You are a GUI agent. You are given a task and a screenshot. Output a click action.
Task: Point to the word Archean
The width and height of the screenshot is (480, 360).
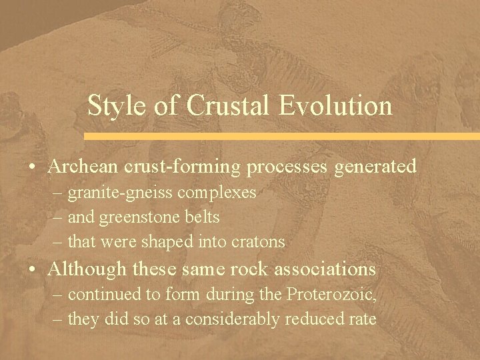pos(82,166)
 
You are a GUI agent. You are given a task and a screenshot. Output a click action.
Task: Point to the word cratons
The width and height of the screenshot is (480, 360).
pos(260,242)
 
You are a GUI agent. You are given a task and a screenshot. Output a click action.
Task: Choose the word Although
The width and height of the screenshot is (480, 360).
pos(87,269)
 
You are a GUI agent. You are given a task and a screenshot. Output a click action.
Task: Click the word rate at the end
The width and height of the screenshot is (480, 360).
pos(364,319)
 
